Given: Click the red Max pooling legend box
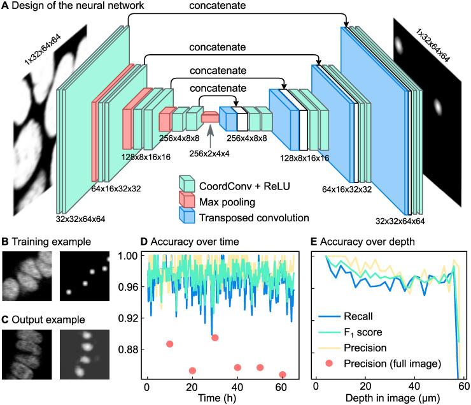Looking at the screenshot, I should pos(186,203).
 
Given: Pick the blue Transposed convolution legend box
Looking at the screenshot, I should pos(186,217).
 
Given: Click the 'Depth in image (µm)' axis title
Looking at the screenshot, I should pos(391,400).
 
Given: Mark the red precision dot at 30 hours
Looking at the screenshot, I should pos(215,337).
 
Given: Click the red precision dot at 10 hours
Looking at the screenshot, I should pos(170,344).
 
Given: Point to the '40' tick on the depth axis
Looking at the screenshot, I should pos(415,387).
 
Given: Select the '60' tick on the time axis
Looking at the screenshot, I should pos(281,387).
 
